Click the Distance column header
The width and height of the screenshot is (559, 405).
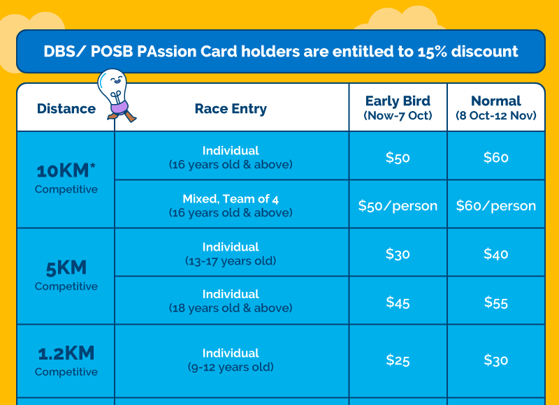tap(66, 109)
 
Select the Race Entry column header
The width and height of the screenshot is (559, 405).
tap(231, 109)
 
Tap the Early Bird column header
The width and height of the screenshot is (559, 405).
tap(398, 108)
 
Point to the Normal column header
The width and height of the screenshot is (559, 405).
tap(496, 108)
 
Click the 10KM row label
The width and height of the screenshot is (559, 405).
tap(66, 178)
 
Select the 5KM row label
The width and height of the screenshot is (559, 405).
tap(66, 275)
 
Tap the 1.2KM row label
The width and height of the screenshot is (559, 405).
tap(66, 360)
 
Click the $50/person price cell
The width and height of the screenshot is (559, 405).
tap(398, 206)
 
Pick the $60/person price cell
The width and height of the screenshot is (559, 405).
tap(496, 206)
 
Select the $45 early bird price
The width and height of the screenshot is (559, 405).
tap(398, 302)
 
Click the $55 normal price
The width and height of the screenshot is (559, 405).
tap(496, 302)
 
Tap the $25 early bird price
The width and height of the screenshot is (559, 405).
tap(398, 360)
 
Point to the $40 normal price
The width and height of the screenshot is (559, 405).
tap(496, 254)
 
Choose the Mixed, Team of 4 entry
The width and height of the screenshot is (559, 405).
tap(231, 205)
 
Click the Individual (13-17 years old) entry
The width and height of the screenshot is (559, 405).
tap(231, 253)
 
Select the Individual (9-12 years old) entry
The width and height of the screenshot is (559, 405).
tap(231, 360)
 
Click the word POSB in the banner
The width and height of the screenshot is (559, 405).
tap(111, 52)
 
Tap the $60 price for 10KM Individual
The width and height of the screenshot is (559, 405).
tap(496, 157)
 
